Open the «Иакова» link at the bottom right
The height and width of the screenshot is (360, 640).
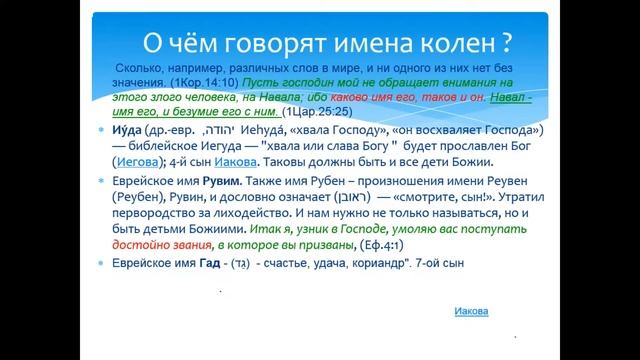pos(468,311)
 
